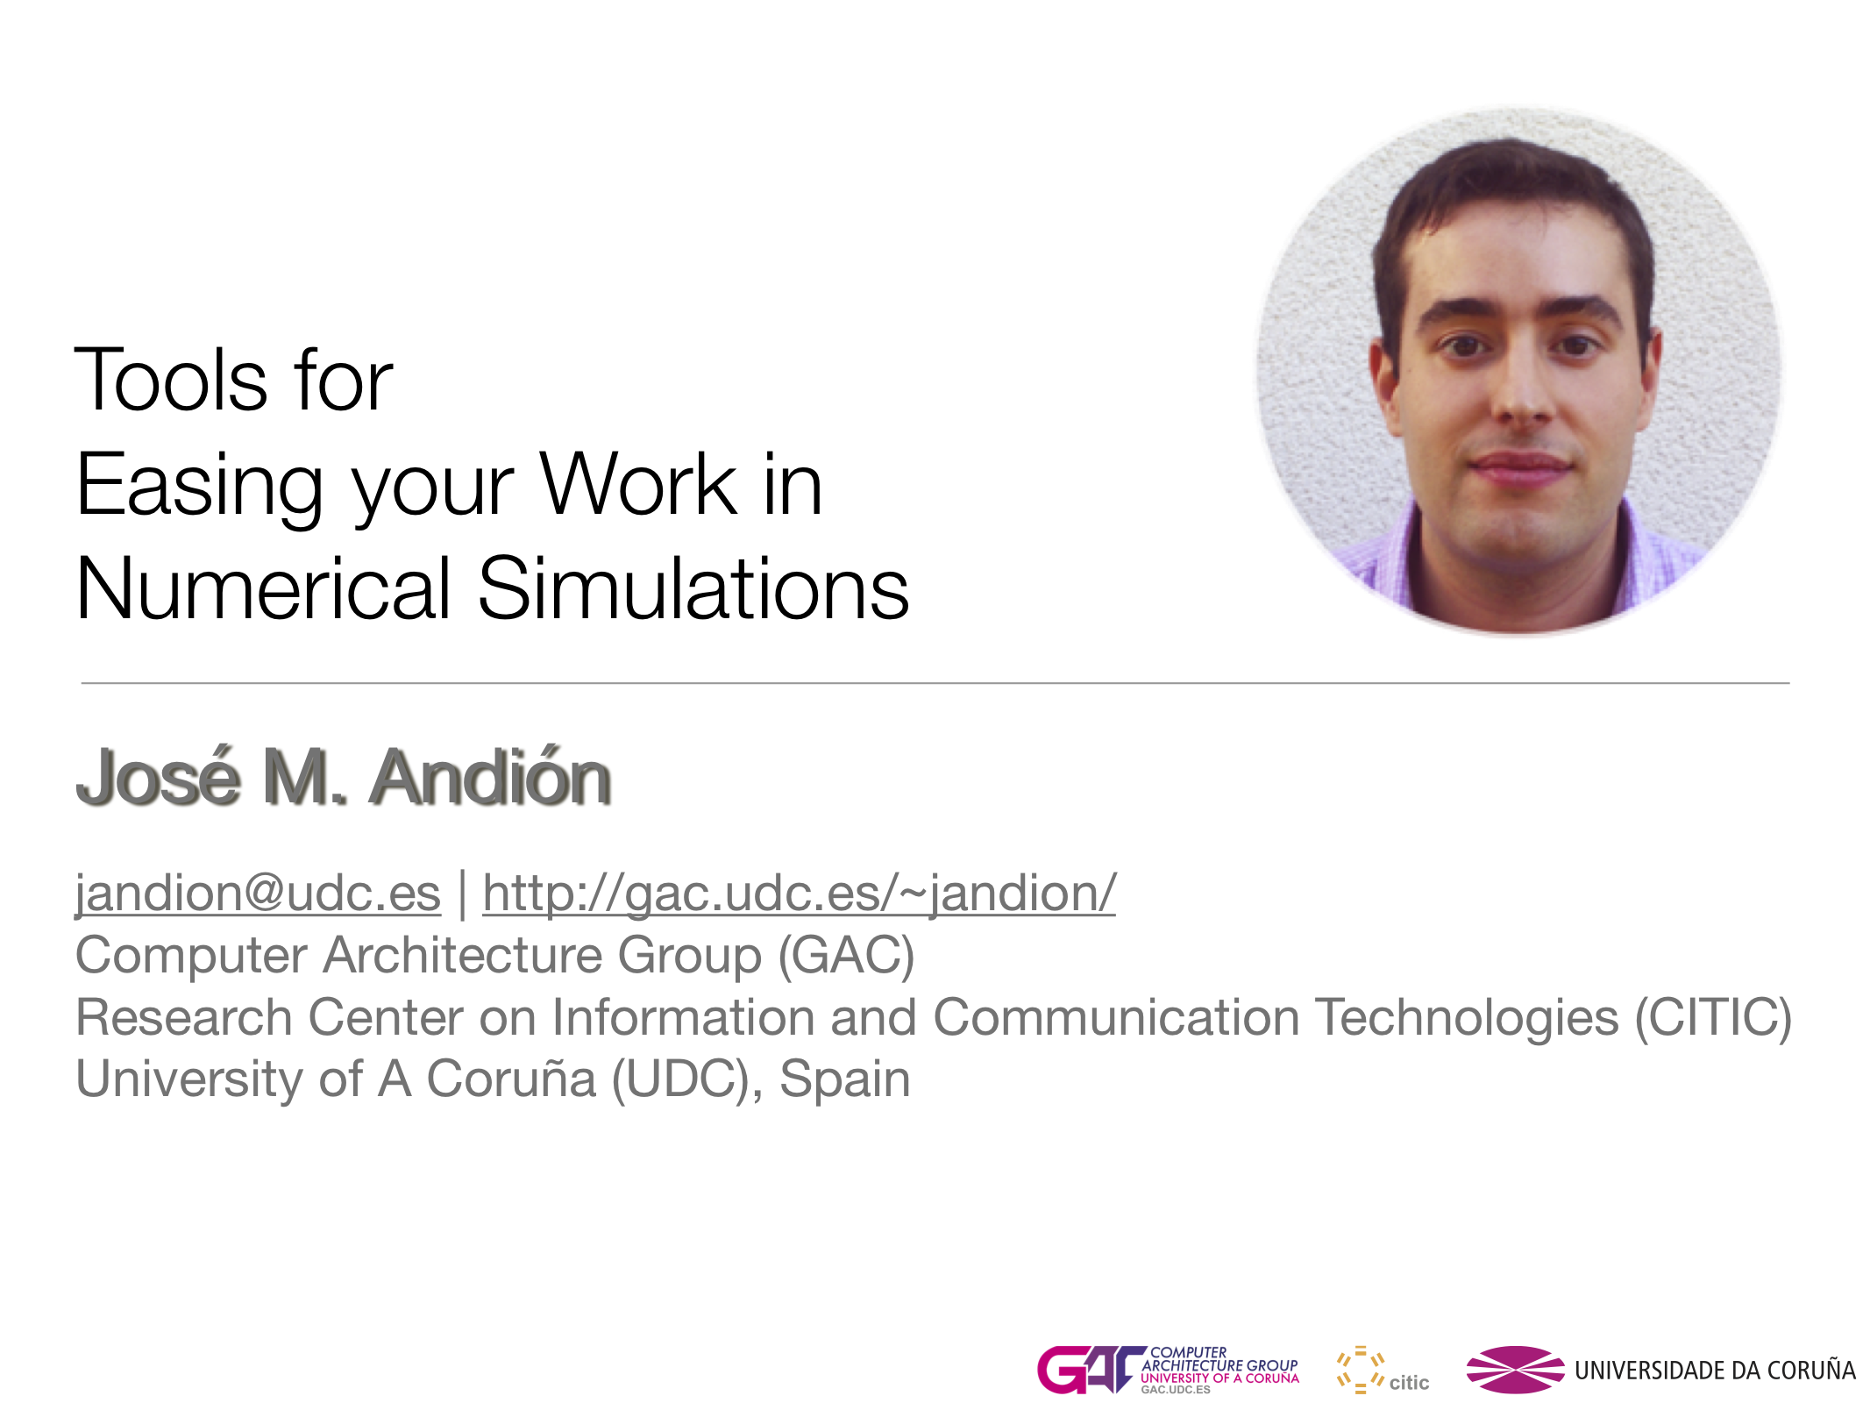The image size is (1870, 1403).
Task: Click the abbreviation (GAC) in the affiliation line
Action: (847, 955)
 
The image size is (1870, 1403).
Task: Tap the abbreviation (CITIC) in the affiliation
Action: (1713, 1018)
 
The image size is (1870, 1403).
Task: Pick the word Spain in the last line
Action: (845, 1079)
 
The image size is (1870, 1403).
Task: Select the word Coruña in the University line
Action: (511, 1079)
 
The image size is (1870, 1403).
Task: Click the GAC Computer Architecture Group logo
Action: (1168, 1370)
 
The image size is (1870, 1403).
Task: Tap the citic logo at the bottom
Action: (1383, 1370)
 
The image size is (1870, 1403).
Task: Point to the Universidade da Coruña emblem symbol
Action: (1515, 1370)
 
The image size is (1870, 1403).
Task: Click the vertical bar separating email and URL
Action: (462, 894)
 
